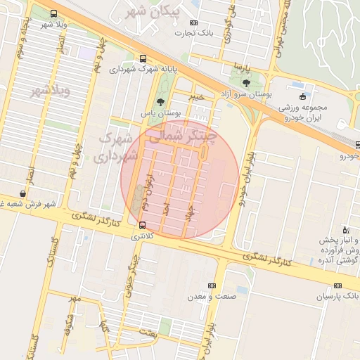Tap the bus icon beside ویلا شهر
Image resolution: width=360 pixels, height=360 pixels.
pos(54,14)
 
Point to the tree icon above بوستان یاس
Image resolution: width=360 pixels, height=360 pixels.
pos(160,103)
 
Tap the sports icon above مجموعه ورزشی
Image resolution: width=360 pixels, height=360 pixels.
pos(303,96)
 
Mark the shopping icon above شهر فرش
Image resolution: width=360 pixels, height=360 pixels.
pos(24,193)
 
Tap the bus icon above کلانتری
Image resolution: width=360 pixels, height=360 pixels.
pos(143,226)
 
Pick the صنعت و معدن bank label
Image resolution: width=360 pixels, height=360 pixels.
pos(211,297)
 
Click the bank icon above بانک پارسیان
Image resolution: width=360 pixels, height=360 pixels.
pos(337,285)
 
